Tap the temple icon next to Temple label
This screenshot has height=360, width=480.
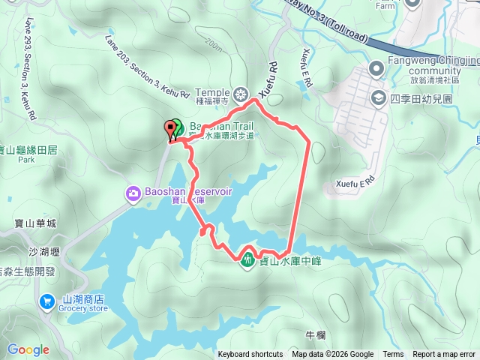tap(241, 94)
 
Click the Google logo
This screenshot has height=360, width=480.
tap(28, 349)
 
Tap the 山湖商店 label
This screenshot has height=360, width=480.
tap(83, 298)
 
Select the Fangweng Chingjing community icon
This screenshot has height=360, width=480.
tap(376, 70)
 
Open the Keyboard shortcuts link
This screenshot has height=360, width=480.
tap(250, 355)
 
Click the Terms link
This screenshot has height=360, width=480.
tap(393, 355)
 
